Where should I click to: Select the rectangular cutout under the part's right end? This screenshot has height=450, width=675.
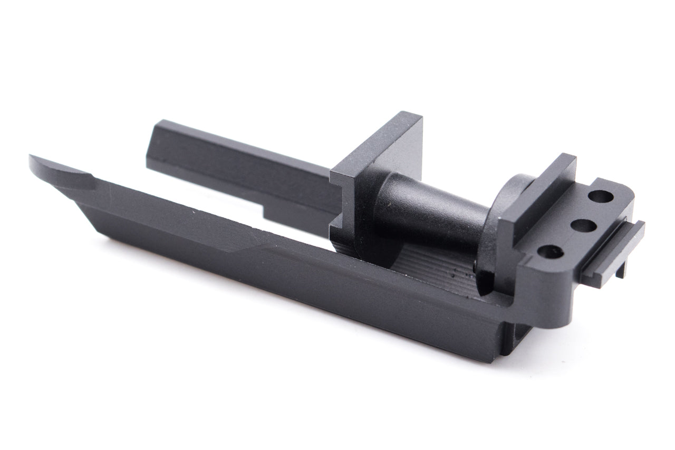click(x=519, y=343)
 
